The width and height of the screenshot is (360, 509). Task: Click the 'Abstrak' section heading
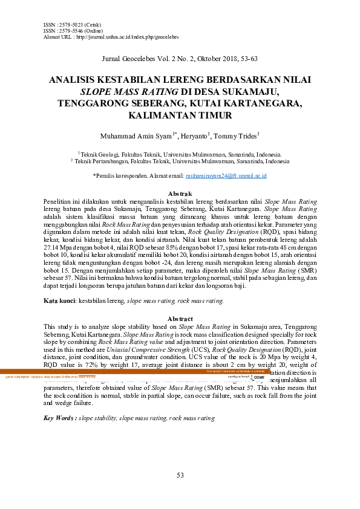click(180, 192)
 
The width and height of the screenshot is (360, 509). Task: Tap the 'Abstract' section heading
click(180, 319)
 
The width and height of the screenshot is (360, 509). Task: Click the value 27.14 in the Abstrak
click(54, 247)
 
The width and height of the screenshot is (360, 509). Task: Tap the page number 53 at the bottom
click(180, 475)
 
